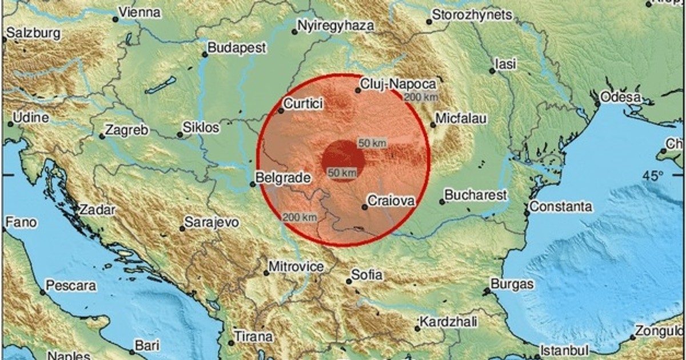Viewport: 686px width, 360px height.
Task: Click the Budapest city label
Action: pos(237,48)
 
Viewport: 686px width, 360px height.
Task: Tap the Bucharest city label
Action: pos(476,195)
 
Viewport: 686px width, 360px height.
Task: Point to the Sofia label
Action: pos(367,275)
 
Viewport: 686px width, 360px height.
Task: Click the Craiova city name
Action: pos(390,201)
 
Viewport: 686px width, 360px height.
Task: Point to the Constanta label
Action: pos(561,206)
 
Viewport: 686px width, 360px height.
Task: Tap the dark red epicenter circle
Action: pos(342,159)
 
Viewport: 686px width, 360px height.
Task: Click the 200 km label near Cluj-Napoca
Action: pos(420,97)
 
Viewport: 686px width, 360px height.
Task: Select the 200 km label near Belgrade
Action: pos(299,217)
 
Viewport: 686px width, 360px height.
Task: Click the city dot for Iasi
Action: pos(492,71)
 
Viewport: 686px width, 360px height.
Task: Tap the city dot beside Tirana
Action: pos(231,343)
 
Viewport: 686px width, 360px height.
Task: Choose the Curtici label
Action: pos(304,104)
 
